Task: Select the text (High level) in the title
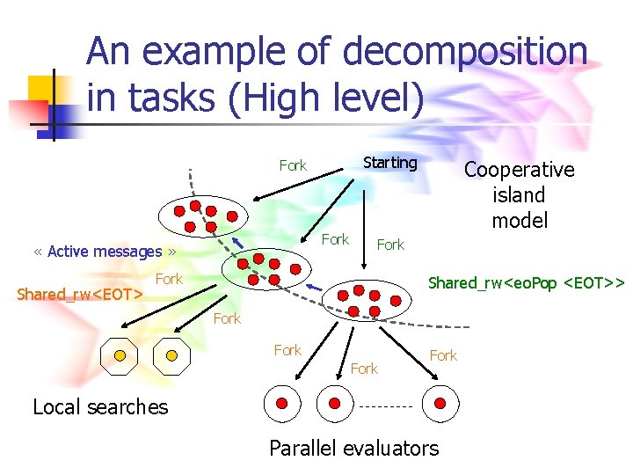pos(326,99)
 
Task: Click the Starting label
pos(390,163)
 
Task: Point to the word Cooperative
pos(519,170)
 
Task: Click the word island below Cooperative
pos(519,195)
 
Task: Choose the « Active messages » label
pos(105,252)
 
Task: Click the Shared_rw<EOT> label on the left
pos(80,294)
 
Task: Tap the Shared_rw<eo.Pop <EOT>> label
pos(526,283)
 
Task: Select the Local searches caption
pos(100,406)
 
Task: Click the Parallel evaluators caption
pos(353,448)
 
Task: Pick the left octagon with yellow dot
pos(119,355)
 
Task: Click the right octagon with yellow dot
pos(172,355)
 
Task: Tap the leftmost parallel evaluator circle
pos(282,404)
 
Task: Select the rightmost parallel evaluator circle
pos(440,404)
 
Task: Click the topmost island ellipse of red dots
pos(204,216)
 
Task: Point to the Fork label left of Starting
pos(293,165)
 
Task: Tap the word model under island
pos(520,221)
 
